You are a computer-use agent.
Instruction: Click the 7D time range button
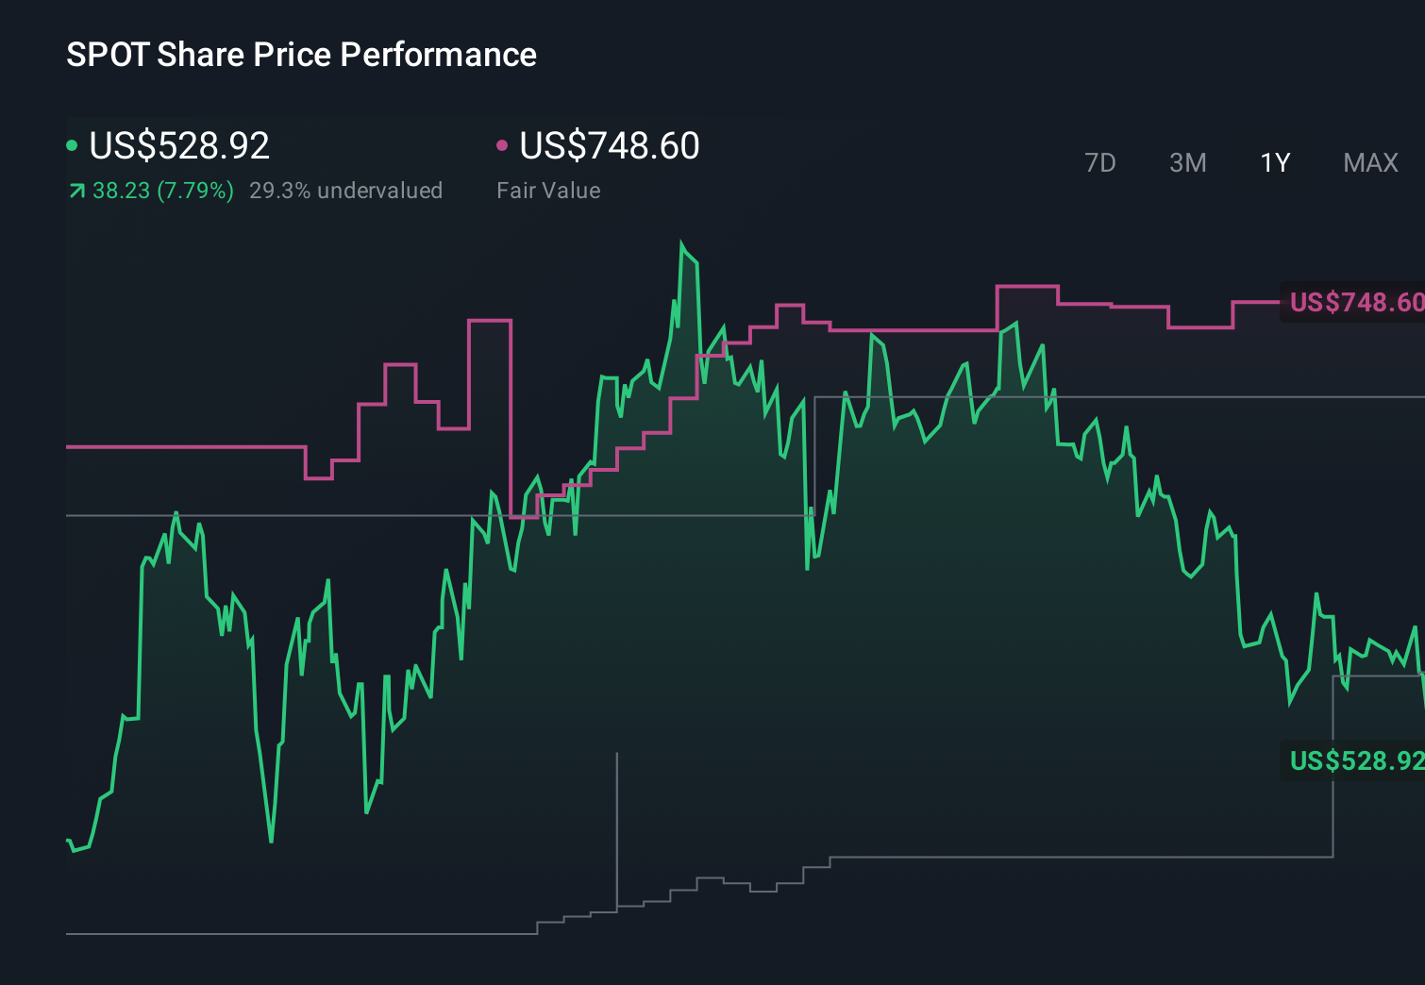click(1099, 163)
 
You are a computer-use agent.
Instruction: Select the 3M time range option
click(1187, 163)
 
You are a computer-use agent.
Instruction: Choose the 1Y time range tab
click(1275, 163)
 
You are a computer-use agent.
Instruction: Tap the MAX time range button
click(1370, 163)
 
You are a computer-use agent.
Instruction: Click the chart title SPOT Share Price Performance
click(301, 55)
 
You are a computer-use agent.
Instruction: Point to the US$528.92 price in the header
click(179, 145)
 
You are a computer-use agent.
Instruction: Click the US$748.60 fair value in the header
click(610, 145)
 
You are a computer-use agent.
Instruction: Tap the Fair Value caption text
click(548, 191)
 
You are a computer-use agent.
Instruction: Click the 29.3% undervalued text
click(345, 191)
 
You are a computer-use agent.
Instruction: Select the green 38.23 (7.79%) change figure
click(162, 191)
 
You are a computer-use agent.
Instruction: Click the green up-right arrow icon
click(76, 192)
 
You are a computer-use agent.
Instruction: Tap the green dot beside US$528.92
click(72, 145)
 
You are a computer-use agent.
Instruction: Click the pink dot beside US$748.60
click(502, 145)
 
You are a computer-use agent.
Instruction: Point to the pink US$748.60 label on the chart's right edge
click(1355, 302)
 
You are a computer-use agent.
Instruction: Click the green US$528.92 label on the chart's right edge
click(1355, 760)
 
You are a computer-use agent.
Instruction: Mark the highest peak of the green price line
click(681, 243)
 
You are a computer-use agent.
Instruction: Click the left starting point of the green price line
click(68, 840)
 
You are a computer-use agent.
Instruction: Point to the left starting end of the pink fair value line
click(68, 446)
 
